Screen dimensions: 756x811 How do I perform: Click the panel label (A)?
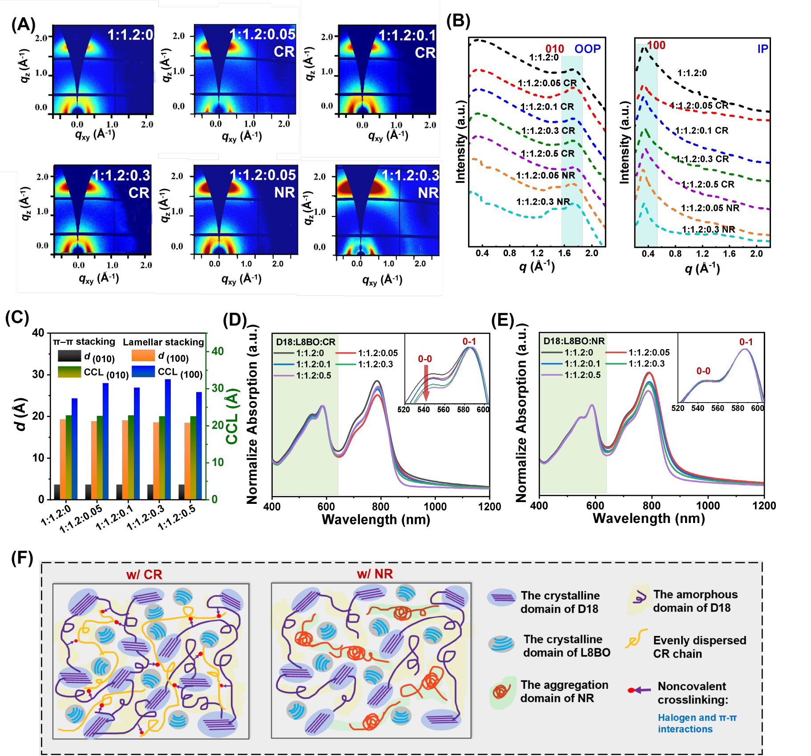tap(23, 24)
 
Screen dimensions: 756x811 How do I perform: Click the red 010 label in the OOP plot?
tap(554, 49)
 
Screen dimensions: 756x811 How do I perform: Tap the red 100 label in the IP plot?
tap(656, 45)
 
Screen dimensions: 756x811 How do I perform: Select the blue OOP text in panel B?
tap(587, 49)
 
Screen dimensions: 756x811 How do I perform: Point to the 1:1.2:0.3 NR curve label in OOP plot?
tap(543, 202)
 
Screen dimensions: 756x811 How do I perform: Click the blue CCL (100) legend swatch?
tap(143, 371)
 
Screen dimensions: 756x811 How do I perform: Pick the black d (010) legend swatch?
tap(69, 356)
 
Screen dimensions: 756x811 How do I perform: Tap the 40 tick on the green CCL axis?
tap(218, 351)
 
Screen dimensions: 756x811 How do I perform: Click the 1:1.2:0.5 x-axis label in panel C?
tap(177, 517)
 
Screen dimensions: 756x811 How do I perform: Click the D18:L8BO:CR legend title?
tap(306, 342)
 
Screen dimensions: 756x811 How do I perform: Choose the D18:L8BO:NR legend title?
tap(574, 341)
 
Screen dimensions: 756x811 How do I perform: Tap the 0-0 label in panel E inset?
tap(703, 371)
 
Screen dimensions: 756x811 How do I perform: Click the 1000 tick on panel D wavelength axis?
tap(435, 507)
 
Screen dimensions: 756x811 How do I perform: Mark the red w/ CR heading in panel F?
tap(144, 575)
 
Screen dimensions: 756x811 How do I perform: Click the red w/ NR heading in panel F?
tap(375, 574)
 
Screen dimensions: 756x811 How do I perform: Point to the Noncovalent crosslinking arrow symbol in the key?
tap(639, 690)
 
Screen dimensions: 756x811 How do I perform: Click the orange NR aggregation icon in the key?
tap(501, 692)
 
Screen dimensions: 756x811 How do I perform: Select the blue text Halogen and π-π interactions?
tap(697, 723)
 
